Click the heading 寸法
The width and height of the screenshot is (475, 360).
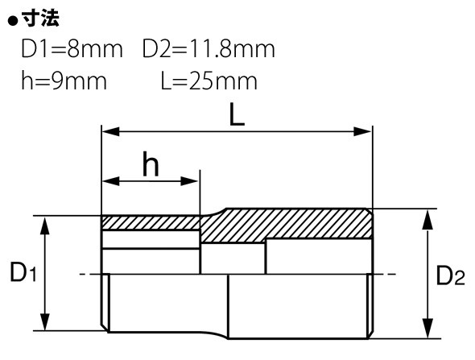pyautogui.click(x=40, y=19)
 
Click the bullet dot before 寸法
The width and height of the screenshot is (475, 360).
pyautogui.click(x=13, y=21)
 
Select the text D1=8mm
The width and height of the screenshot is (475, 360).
pyautogui.click(x=72, y=48)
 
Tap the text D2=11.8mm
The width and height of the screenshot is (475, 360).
pyautogui.click(x=209, y=48)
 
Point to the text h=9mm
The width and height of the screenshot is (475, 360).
pyautogui.click(x=64, y=81)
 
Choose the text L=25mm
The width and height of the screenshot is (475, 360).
pyautogui.click(x=209, y=81)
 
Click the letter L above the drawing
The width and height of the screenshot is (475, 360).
pyautogui.click(x=237, y=114)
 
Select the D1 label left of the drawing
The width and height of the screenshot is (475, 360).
pyautogui.click(x=23, y=272)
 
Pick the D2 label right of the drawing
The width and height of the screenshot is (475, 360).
pyautogui.click(x=451, y=275)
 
